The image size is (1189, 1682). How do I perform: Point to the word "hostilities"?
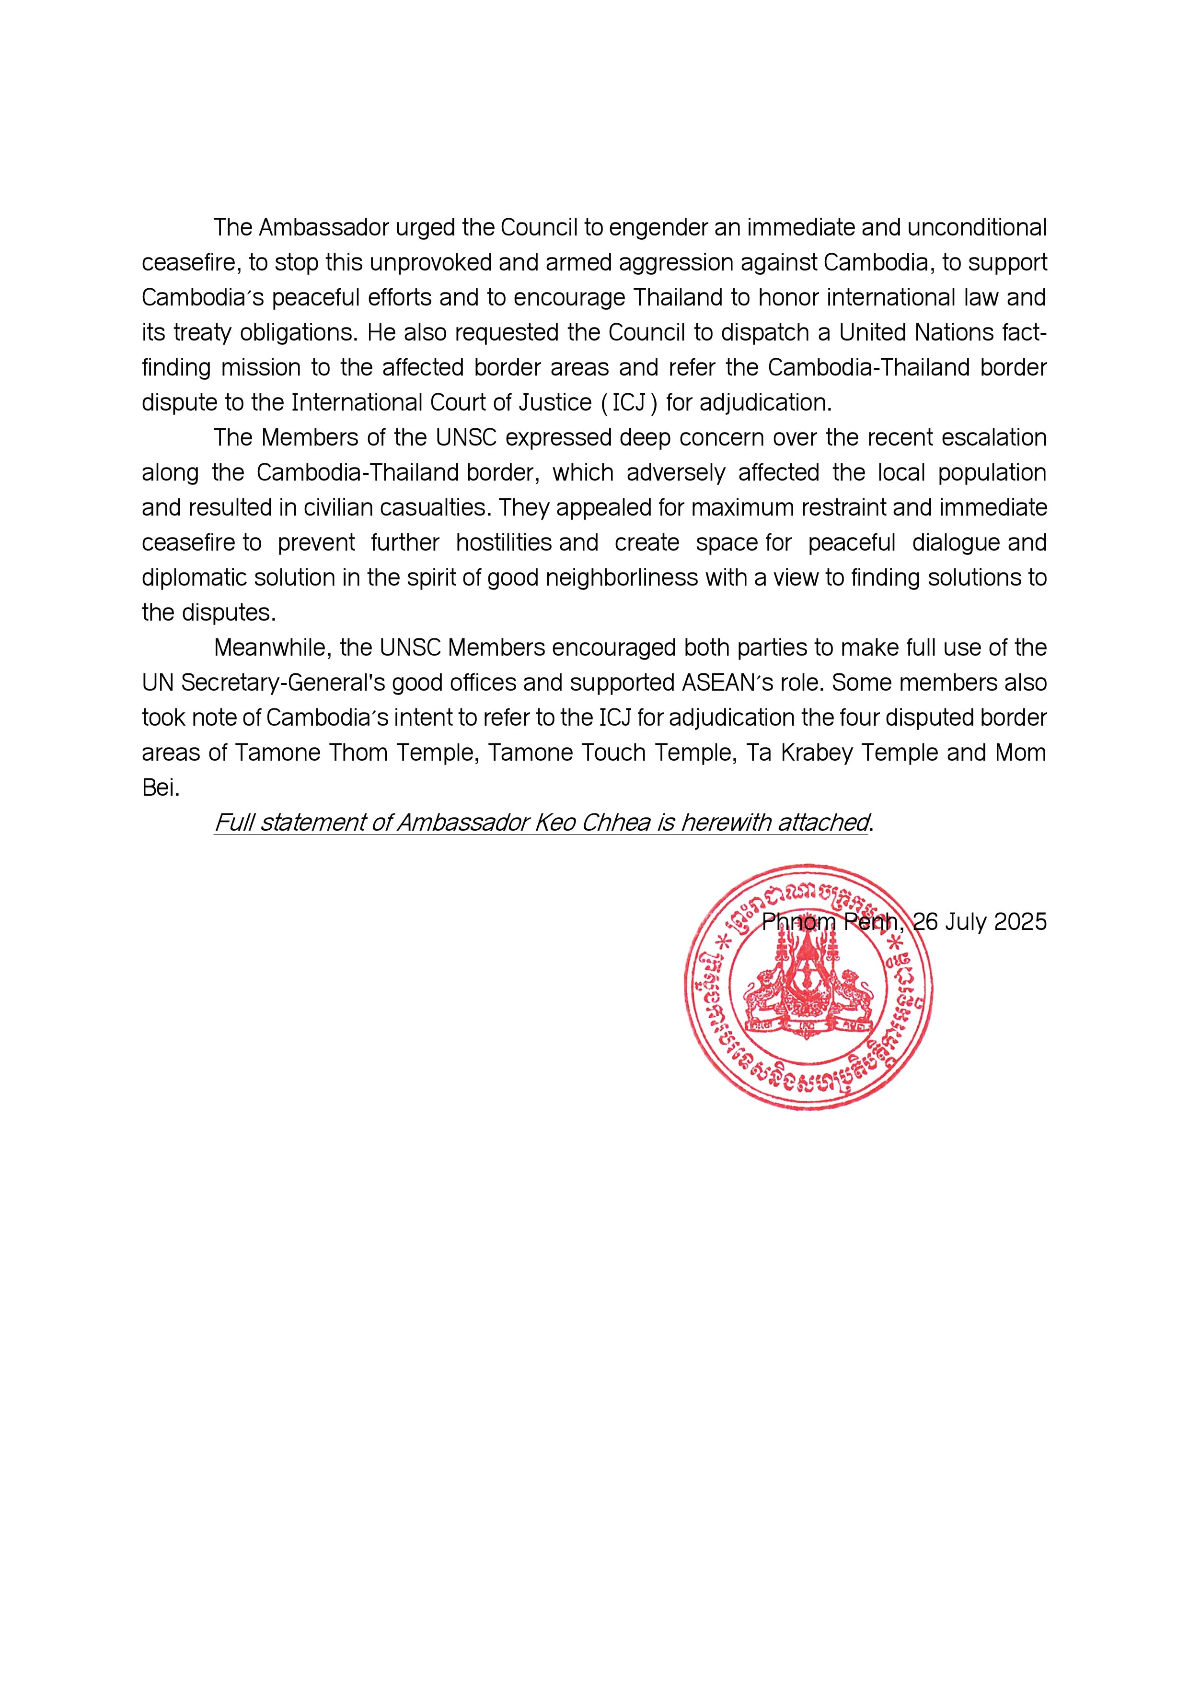pyautogui.click(x=504, y=543)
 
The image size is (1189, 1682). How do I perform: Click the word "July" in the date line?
pyautogui.click(x=966, y=922)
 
